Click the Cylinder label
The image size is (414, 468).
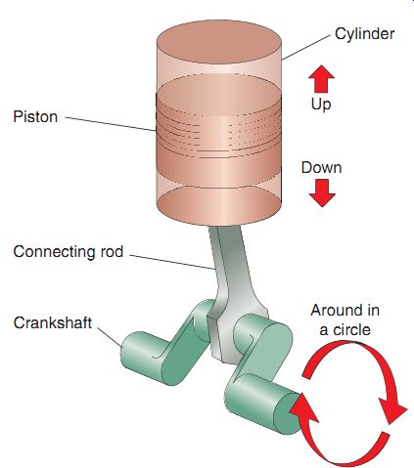(x=364, y=34)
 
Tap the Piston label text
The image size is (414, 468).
(x=35, y=116)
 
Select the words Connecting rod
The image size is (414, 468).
(x=69, y=252)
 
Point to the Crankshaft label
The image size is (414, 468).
(x=53, y=322)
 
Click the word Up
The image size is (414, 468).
(x=321, y=105)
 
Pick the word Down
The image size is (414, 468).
(x=321, y=168)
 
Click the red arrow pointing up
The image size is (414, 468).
(x=322, y=78)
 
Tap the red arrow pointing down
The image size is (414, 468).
(x=322, y=192)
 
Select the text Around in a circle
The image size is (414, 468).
(x=345, y=319)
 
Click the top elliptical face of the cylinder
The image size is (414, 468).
(x=219, y=42)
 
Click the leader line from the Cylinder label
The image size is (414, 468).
(x=306, y=48)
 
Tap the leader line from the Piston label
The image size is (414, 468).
(x=111, y=124)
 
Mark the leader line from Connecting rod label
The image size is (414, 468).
(x=172, y=262)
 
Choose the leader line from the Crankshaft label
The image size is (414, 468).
(x=110, y=336)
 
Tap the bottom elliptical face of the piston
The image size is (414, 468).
(x=219, y=205)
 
